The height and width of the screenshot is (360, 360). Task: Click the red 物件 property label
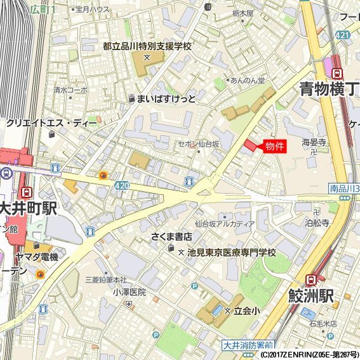tap(274, 145)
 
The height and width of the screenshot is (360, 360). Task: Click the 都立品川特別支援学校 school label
tap(147, 46)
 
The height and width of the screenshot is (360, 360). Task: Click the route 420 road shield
tap(123, 185)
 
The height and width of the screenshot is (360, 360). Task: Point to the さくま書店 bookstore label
tap(171, 237)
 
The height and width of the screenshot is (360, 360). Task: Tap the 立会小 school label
tap(246, 310)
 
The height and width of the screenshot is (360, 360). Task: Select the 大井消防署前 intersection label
tap(248, 345)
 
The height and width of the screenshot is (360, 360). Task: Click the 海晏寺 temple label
tap(314, 142)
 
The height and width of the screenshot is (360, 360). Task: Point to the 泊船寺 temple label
tap(317, 223)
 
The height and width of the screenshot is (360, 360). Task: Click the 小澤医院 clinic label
tap(130, 292)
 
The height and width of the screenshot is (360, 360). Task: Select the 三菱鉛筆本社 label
tap(105, 280)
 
